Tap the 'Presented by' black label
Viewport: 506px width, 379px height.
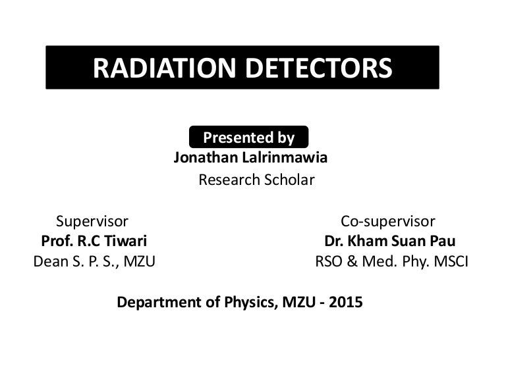[x=248, y=138]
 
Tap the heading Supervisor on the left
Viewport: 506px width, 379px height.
[x=92, y=221]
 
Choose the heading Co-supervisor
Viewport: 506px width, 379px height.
[x=387, y=221]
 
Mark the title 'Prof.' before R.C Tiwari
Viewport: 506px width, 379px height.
[x=57, y=241]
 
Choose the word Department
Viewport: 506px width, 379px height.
[x=157, y=303]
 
